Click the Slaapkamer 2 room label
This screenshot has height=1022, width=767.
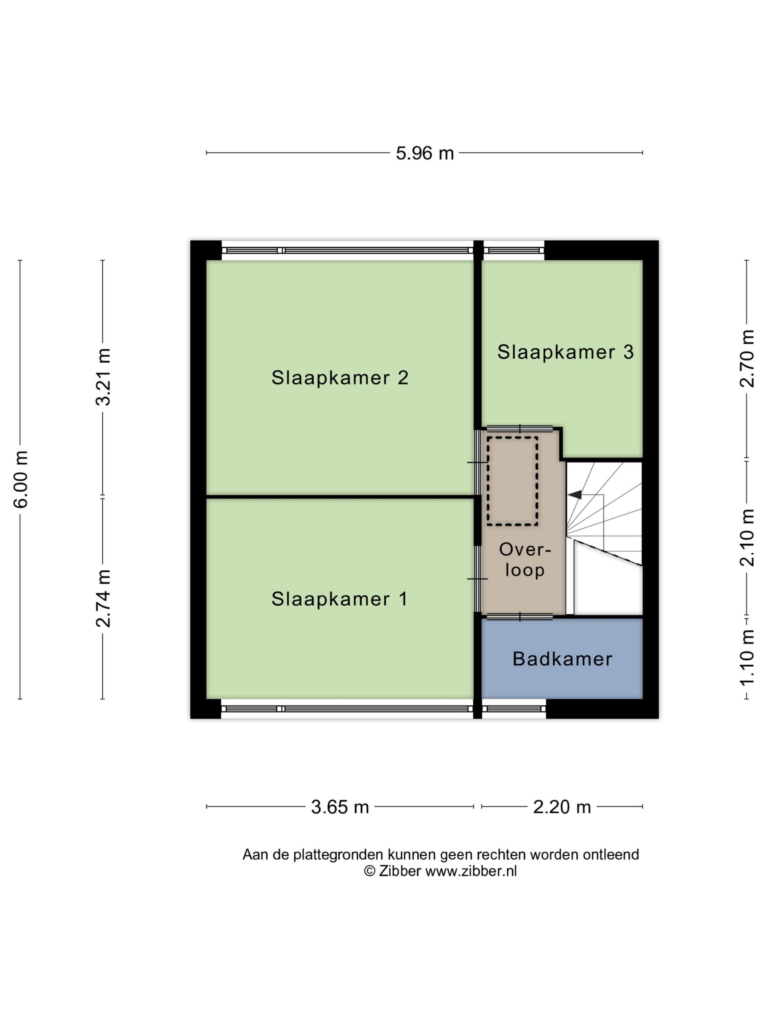click(340, 378)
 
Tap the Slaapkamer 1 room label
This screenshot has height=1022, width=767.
click(339, 599)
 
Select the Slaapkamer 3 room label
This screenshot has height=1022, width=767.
click(565, 352)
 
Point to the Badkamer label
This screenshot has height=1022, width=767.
click(562, 659)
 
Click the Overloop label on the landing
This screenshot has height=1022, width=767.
click(525, 560)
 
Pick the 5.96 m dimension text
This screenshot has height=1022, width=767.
click(424, 153)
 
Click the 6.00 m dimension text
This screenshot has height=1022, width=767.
click(21, 479)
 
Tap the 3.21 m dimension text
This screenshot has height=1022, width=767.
click(103, 377)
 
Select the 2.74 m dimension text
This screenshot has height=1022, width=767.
click(103, 598)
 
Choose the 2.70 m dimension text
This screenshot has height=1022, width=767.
click(747, 359)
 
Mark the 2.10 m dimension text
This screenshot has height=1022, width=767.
click(747, 538)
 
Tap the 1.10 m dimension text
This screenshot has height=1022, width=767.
click(747, 658)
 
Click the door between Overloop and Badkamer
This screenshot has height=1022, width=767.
click(520, 616)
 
